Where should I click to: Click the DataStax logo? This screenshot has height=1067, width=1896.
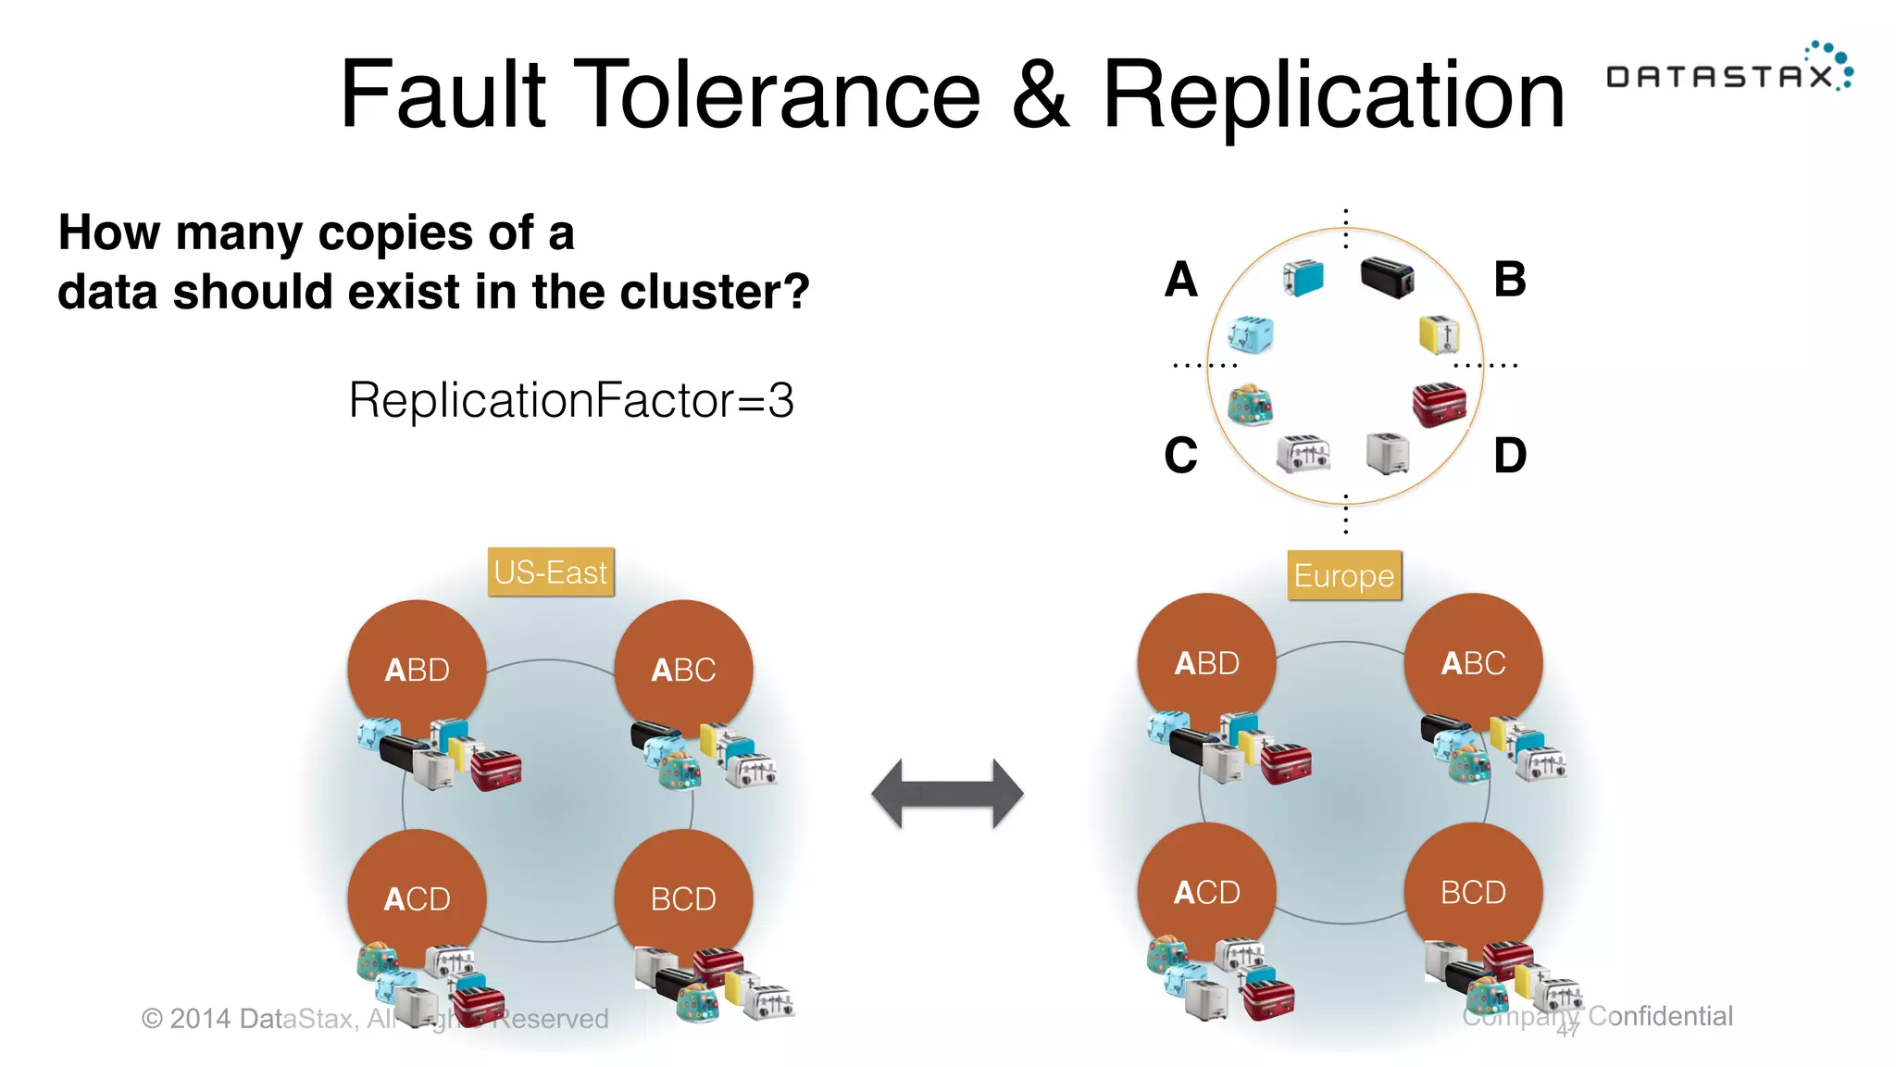coord(1728,72)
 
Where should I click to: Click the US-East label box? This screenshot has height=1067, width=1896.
coord(551,572)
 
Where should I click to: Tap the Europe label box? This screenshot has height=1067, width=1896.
coord(1343,576)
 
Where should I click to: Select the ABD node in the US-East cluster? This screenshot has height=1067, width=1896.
coord(417,669)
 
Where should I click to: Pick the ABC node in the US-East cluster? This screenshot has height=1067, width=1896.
coord(683,669)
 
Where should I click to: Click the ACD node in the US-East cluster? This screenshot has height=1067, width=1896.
coord(417,898)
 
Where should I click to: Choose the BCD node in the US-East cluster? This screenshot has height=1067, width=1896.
coord(683,898)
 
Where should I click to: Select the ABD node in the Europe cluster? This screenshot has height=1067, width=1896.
coord(1206,662)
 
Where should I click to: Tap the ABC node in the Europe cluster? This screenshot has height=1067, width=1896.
coord(1473,662)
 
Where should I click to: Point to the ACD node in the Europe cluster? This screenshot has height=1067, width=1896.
coord(1206,891)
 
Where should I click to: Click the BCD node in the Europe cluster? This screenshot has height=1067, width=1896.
coord(1473,891)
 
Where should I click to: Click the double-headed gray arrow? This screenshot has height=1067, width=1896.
coord(947,794)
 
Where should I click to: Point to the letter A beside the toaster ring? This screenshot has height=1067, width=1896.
coord(1181,280)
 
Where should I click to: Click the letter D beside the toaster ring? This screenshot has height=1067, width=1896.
coord(1509,456)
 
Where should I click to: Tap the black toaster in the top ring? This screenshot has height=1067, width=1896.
coord(1387,276)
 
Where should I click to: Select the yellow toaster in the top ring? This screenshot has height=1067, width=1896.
coord(1439,334)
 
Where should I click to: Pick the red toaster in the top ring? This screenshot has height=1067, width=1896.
coord(1439,404)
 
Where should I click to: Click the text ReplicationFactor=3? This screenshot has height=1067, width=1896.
coord(571,400)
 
